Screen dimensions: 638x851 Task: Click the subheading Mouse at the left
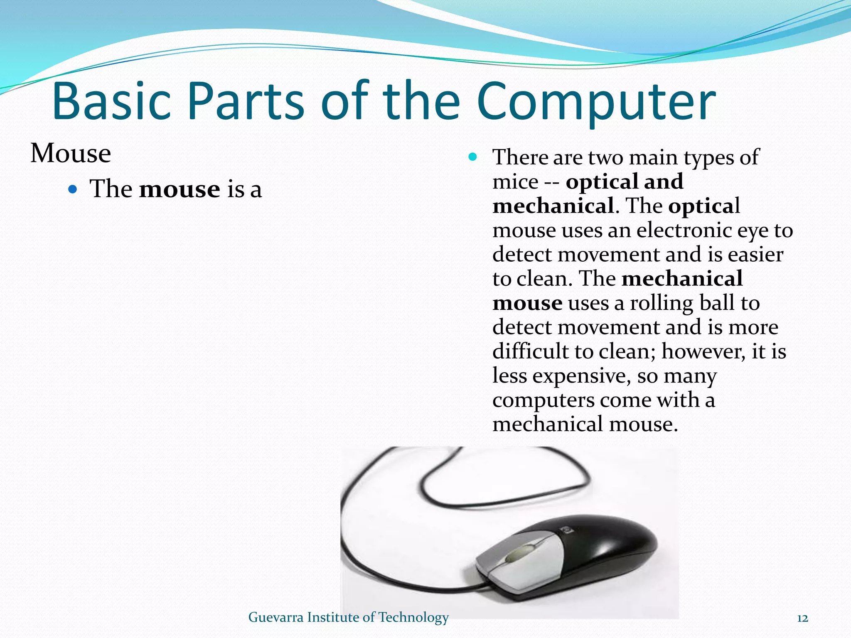pyautogui.click(x=71, y=153)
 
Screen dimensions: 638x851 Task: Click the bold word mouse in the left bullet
pyautogui.click(x=179, y=189)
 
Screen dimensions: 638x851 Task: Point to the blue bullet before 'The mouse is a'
pyautogui.click(x=73, y=190)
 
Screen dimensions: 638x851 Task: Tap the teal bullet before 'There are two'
pyautogui.click(x=472, y=157)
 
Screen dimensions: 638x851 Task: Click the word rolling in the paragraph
pyautogui.click(x=662, y=303)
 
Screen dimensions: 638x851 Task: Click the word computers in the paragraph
pyautogui.click(x=543, y=400)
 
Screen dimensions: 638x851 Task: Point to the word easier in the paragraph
pyautogui.click(x=755, y=255)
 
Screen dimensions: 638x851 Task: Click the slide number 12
pyautogui.click(x=802, y=618)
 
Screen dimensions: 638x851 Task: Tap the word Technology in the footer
pyautogui.click(x=413, y=618)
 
